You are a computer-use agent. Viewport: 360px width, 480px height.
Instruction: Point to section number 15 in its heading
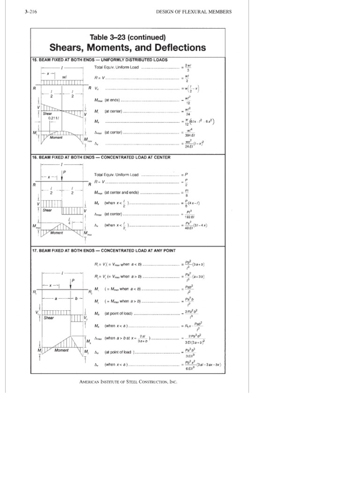click(35, 60)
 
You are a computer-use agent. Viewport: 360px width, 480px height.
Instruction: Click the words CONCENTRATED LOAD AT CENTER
click(135, 157)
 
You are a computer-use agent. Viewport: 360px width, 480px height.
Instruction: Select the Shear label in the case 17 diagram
click(48, 318)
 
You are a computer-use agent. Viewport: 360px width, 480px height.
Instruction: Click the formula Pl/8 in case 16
click(187, 193)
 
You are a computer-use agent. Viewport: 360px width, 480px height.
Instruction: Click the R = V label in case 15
click(99, 78)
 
